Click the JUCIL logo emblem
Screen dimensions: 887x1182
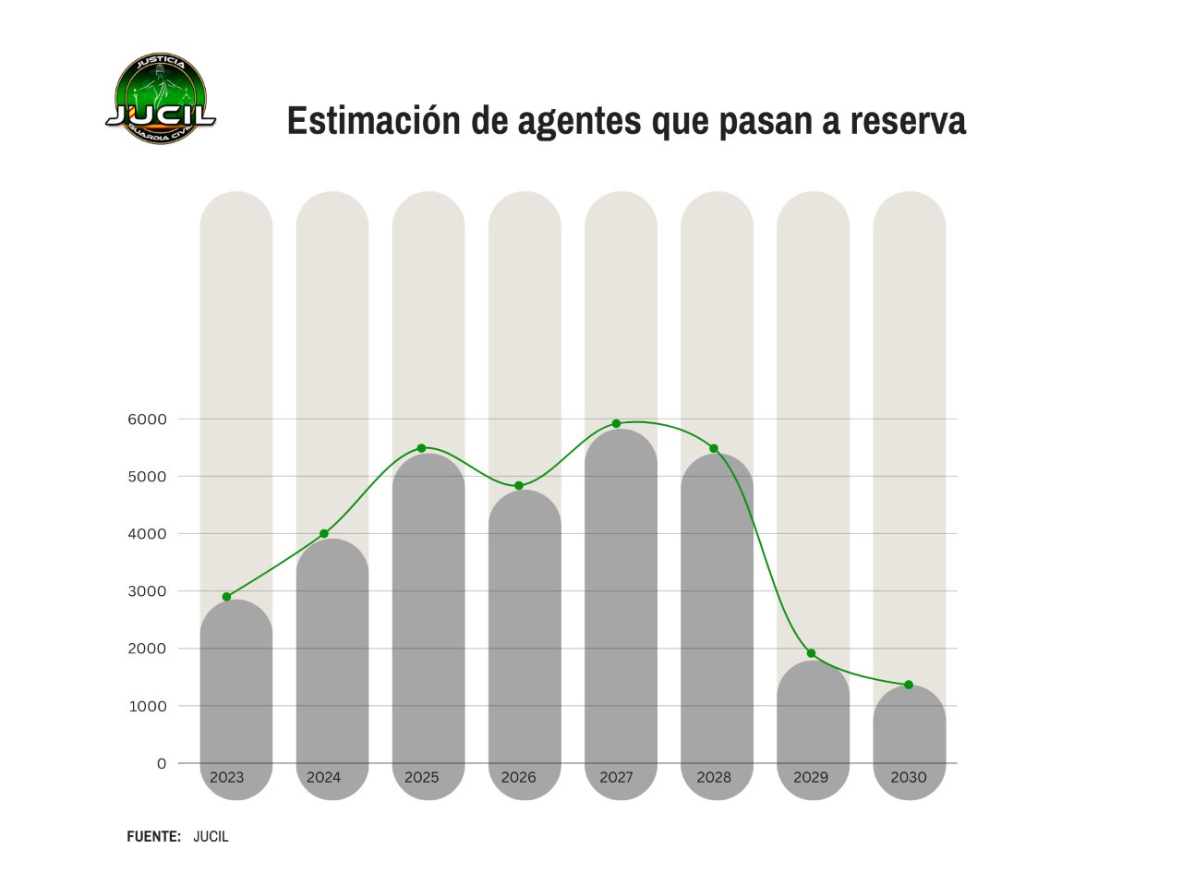pyautogui.click(x=161, y=99)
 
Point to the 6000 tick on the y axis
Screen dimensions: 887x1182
pyautogui.click(x=147, y=419)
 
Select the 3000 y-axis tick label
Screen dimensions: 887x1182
pyautogui.click(x=147, y=591)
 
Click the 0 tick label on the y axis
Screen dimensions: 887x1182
pyautogui.click(x=162, y=763)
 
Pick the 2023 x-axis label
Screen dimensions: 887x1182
pyautogui.click(x=227, y=777)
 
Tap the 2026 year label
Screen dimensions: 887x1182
pyautogui.click(x=519, y=777)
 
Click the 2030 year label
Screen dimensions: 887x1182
pyautogui.click(x=909, y=777)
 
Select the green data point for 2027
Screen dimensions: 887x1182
pyautogui.click(x=616, y=424)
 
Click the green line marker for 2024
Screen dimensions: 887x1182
pyautogui.click(x=324, y=534)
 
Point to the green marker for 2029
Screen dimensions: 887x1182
pyautogui.click(x=812, y=653)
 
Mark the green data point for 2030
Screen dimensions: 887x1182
pyautogui.click(x=909, y=685)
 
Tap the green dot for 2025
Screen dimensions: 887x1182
pyautogui.click(x=422, y=448)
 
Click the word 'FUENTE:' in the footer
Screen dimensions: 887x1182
pyautogui.click(x=153, y=836)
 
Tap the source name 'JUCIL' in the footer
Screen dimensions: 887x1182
pyautogui.click(x=211, y=836)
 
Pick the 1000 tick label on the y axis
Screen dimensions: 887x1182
pyautogui.click(x=147, y=706)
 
